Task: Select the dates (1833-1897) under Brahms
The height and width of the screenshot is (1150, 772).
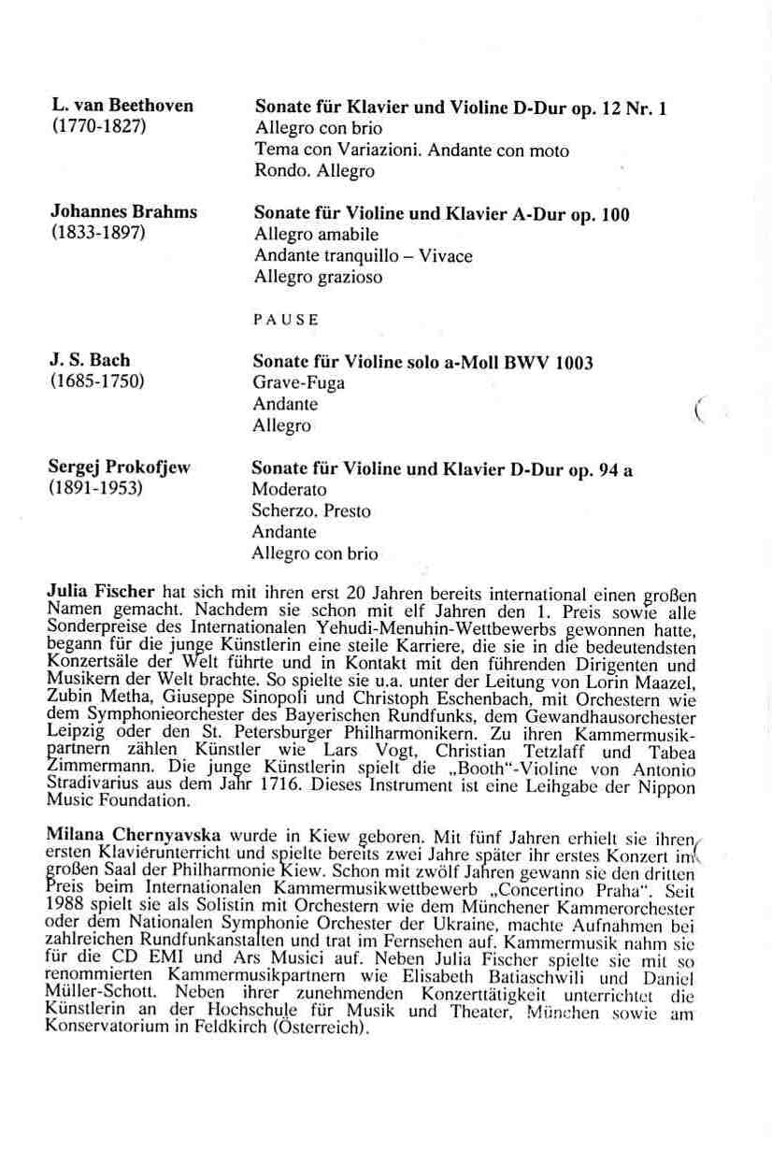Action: pos(96,232)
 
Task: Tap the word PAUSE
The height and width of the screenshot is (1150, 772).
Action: pos(286,319)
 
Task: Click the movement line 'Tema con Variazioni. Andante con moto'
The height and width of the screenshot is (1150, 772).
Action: pos(411,150)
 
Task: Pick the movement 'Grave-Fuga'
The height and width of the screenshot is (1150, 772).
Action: pos(298,383)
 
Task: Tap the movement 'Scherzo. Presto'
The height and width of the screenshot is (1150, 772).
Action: pos(310,511)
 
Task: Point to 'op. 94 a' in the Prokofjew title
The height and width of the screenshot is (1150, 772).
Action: pos(601,470)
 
